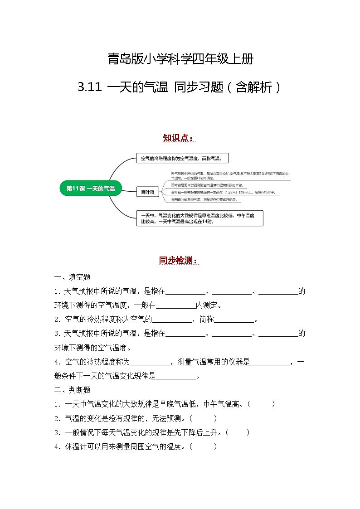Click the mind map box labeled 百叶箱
(147, 192)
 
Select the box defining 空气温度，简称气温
(182, 158)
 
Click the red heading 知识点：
(180, 138)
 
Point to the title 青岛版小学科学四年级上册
(180, 59)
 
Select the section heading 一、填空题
(73, 277)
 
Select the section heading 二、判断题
(73, 390)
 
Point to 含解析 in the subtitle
(253, 87)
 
